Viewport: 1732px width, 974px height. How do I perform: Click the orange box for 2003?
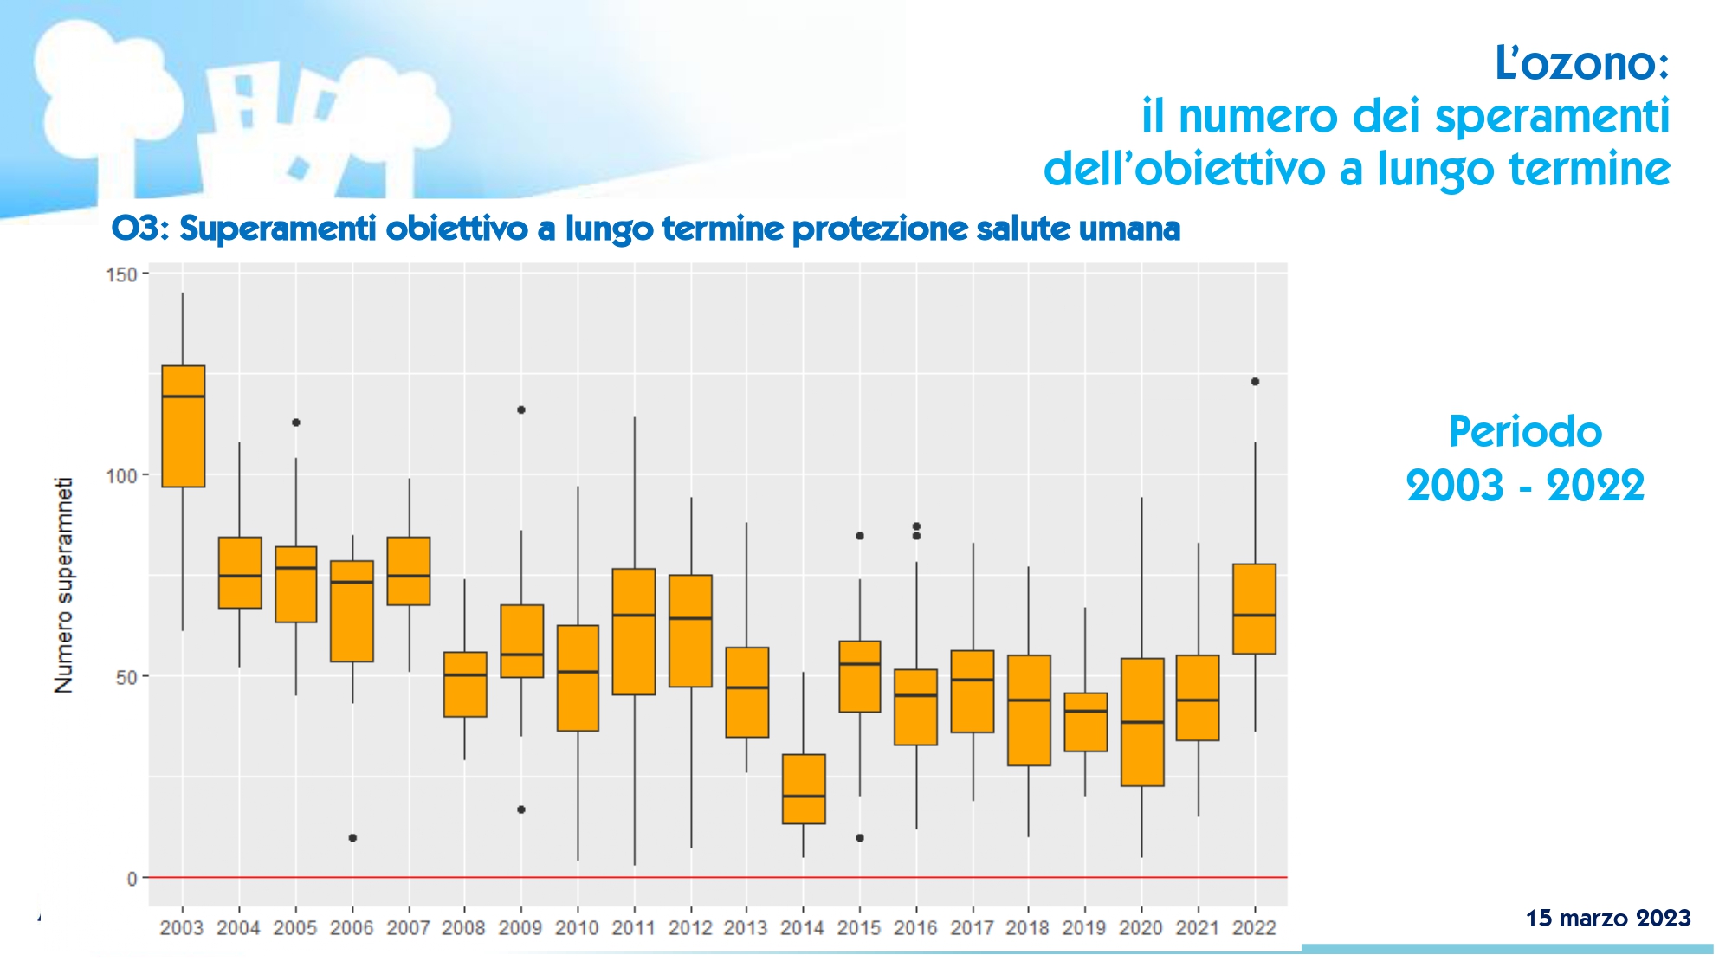[x=184, y=426]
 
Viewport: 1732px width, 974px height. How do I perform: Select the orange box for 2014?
[x=804, y=789]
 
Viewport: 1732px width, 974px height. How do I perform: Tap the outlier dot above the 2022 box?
[x=1255, y=382]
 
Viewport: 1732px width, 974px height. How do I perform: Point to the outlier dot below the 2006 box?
[x=352, y=838]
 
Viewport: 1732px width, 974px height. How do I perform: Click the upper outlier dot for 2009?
[x=521, y=410]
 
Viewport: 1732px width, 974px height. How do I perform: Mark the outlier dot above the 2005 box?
[x=296, y=422]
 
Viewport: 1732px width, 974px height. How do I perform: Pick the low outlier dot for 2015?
[x=860, y=838]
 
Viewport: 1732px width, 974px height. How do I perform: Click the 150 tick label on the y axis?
[x=121, y=275]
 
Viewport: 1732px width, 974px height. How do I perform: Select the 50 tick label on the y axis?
[x=126, y=677]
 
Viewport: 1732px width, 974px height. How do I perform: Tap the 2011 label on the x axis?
[x=633, y=928]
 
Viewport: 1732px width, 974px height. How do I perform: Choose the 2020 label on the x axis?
[x=1141, y=928]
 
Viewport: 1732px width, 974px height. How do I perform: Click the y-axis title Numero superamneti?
[x=64, y=585]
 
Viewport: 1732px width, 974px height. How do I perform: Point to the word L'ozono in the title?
[x=1581, y=63]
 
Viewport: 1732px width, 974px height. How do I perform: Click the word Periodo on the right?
[x=1525, y=432]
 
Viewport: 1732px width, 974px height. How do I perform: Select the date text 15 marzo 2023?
[x=1607, y=918]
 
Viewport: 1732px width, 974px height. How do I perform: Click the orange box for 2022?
[x=1254, y=609]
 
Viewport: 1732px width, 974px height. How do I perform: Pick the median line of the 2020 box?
[x=1142, y=722]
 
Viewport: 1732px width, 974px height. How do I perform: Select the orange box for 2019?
[x=1085, y=722]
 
